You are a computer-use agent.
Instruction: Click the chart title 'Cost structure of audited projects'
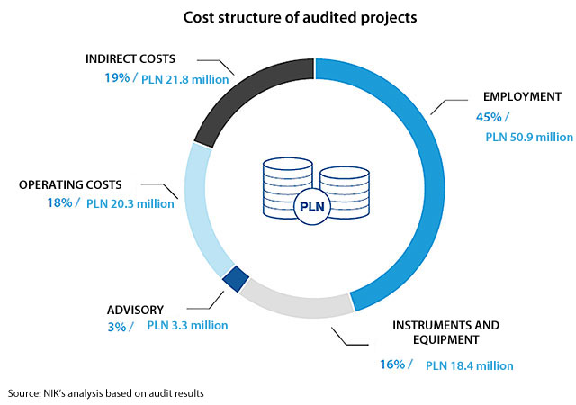[287, 17]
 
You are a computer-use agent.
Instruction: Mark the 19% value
[116, 78]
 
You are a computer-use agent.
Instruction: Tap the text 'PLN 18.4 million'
[469, 365]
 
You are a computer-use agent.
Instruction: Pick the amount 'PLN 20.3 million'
[130, 203]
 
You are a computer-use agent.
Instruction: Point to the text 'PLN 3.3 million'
[187, 325]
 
